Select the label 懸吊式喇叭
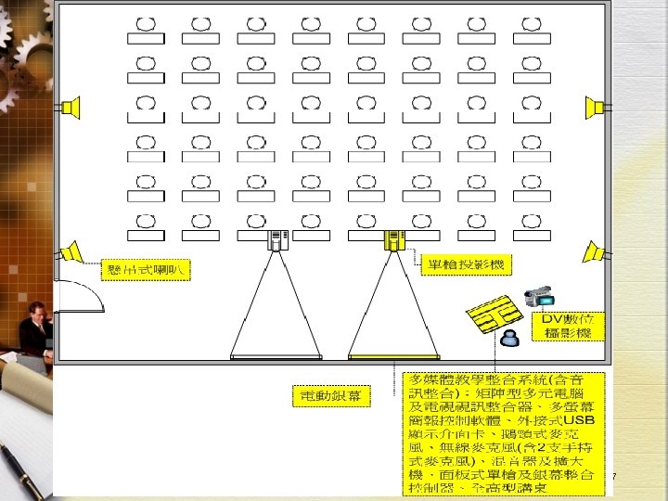pyautogui.click(x=145, y=271)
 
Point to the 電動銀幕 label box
pyautogui.click(x=330, y=397)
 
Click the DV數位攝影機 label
pyautogui.click(x=571, y=326)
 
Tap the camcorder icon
pyautogui.click(x=539, y=297)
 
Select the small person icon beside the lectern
pyautogui.click(x=508, y=339)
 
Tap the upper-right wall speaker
pyautogui.click(x=595, y=108)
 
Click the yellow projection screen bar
pyautogui.click(x=395, y=356)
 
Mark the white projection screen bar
pyautogui.click(x=276, y=356)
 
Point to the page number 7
pyautogui.click(x=614, y=477)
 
